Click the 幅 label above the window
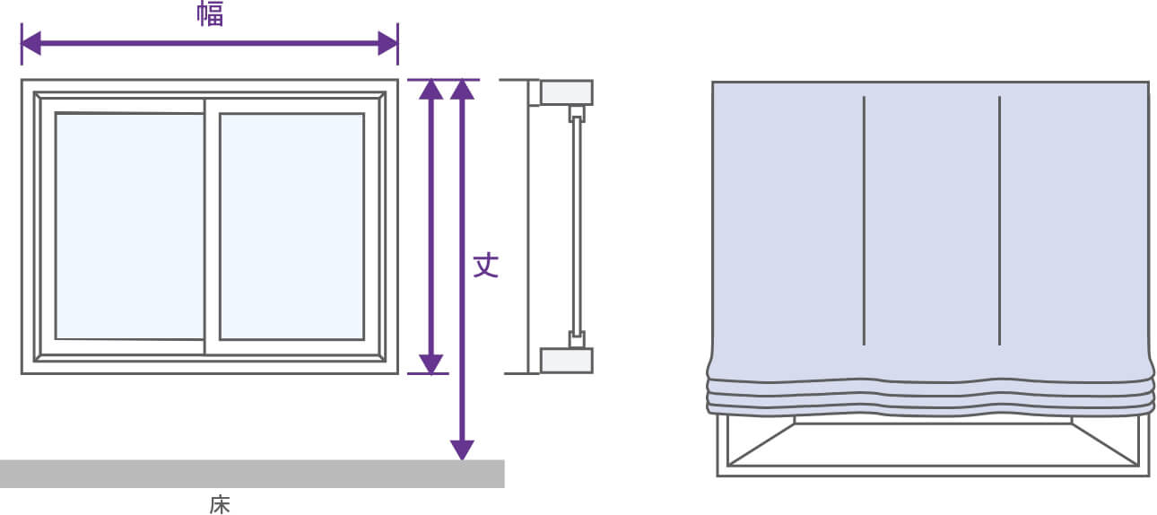pos(210,14)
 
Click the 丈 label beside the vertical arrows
pos(485,265)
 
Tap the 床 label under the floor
pos(220,505)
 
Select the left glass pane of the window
pos(129,226)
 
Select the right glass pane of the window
pos(291,226)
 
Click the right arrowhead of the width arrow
pos(387,43)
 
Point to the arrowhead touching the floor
pos(461,450)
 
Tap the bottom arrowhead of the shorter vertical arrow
pos(431,363)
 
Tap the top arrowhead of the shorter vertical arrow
pos(431,90)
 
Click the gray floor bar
pos(251,474)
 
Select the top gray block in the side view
pos(566,92)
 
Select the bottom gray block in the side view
pos(566,360)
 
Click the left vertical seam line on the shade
pos(864,220)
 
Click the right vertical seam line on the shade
pos(999,220)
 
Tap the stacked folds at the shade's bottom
pos(930,395)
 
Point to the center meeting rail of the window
pos(205,226)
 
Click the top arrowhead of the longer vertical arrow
pos(461,90)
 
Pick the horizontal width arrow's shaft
pos(210,43)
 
